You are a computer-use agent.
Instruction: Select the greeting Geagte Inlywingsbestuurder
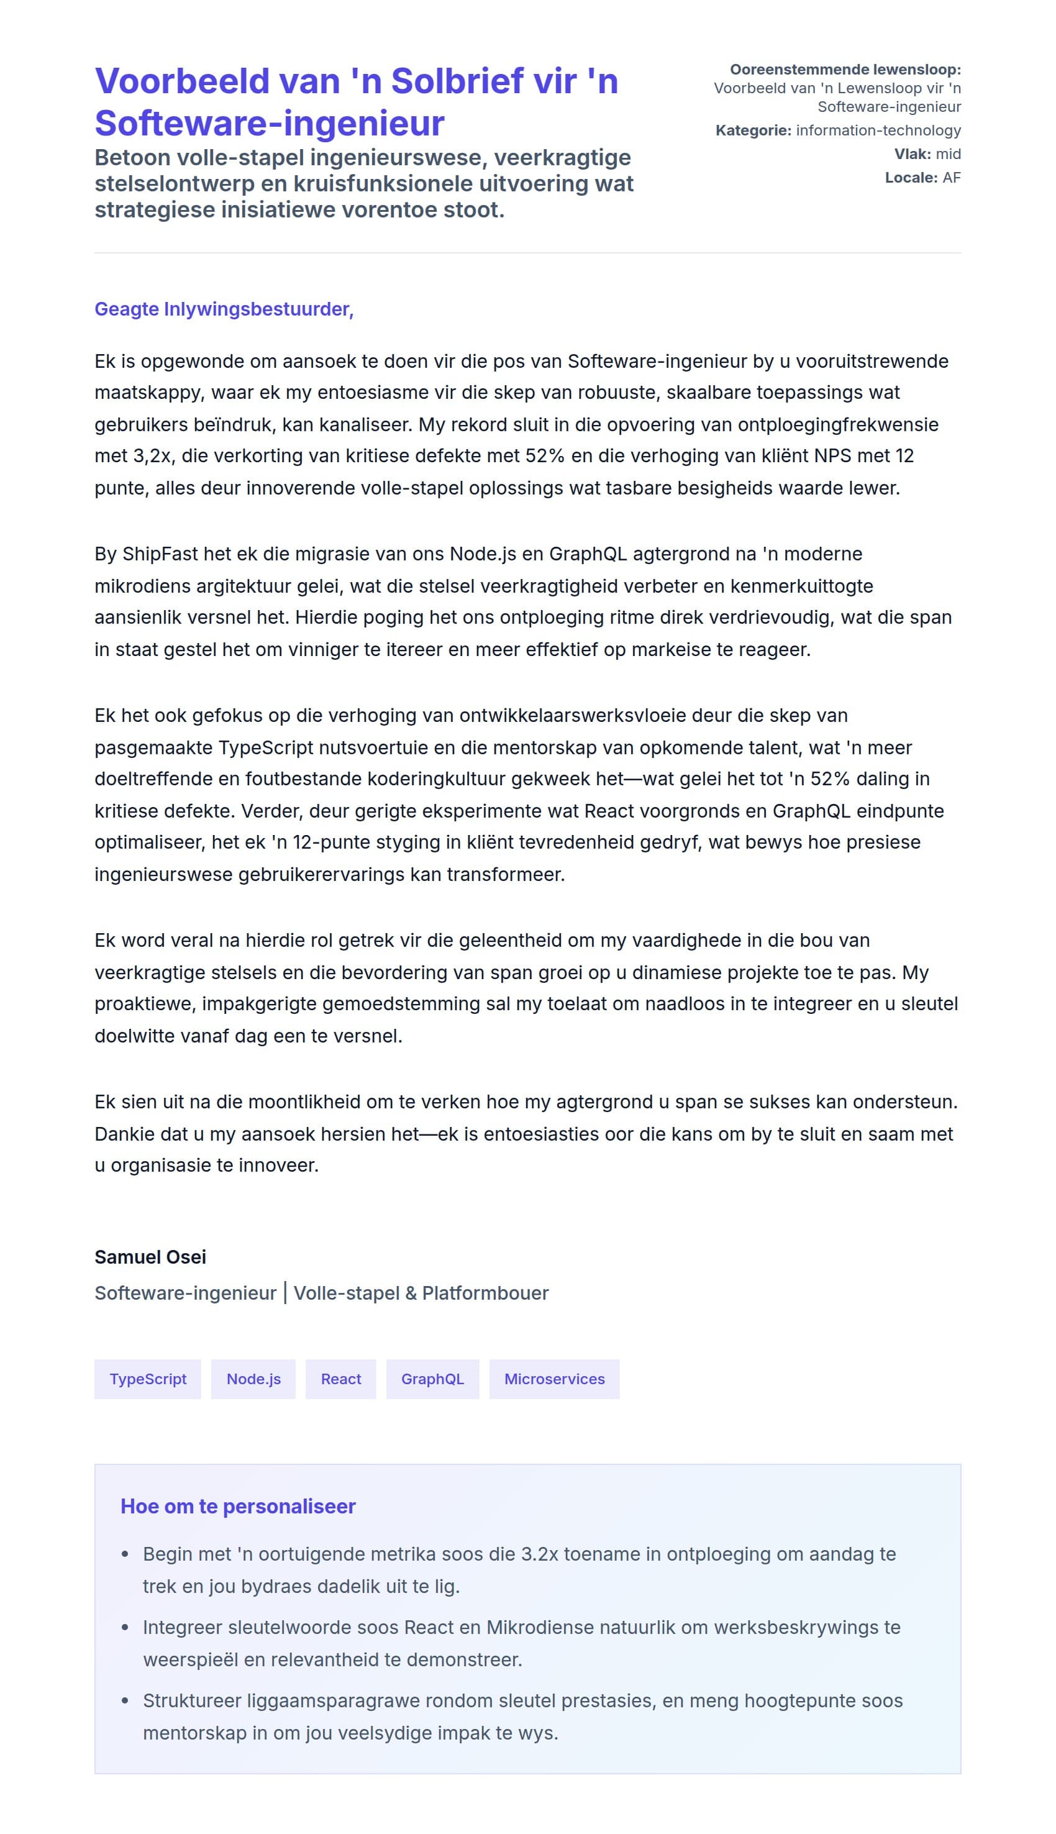(x=224, y=309)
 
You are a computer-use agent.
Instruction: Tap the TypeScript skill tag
(x=148, y=1379)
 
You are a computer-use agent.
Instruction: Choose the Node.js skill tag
(x=253, y=1379)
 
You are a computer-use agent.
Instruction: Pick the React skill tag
(x=341, y=1379)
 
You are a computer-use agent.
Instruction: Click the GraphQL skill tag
(x=432, y=1379)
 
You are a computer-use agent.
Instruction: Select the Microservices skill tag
(x=554, y=1379)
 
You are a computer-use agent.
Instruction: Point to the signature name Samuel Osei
(x=150, y=1257)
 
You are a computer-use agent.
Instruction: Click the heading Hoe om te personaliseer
(x=238, y=1506)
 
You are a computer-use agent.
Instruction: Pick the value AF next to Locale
(x=951, y=178)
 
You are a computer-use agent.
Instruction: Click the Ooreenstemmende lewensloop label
(x=845, y=70)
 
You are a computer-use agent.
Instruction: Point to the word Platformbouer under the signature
(x=485, y=1293)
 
